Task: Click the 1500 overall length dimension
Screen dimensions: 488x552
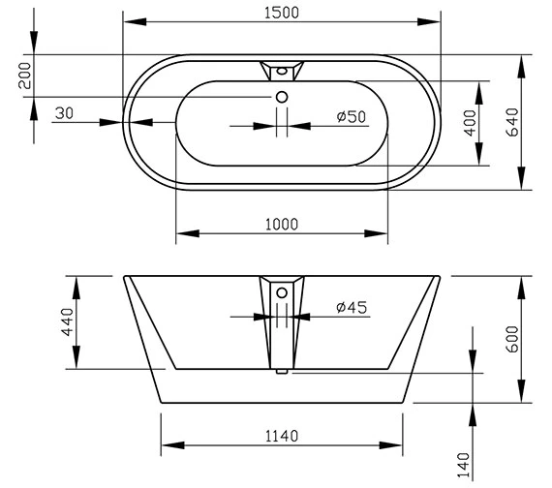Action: pos(280,12)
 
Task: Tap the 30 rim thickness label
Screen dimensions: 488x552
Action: pos(65,113)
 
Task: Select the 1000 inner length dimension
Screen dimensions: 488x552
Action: pos(280,224)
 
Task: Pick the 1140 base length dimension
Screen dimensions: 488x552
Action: pos(280,435)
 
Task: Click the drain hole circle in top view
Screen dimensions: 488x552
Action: pos(281,96)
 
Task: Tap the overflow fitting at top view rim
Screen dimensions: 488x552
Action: pos(281,70)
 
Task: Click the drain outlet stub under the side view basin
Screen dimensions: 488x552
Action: pos(281,370)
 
